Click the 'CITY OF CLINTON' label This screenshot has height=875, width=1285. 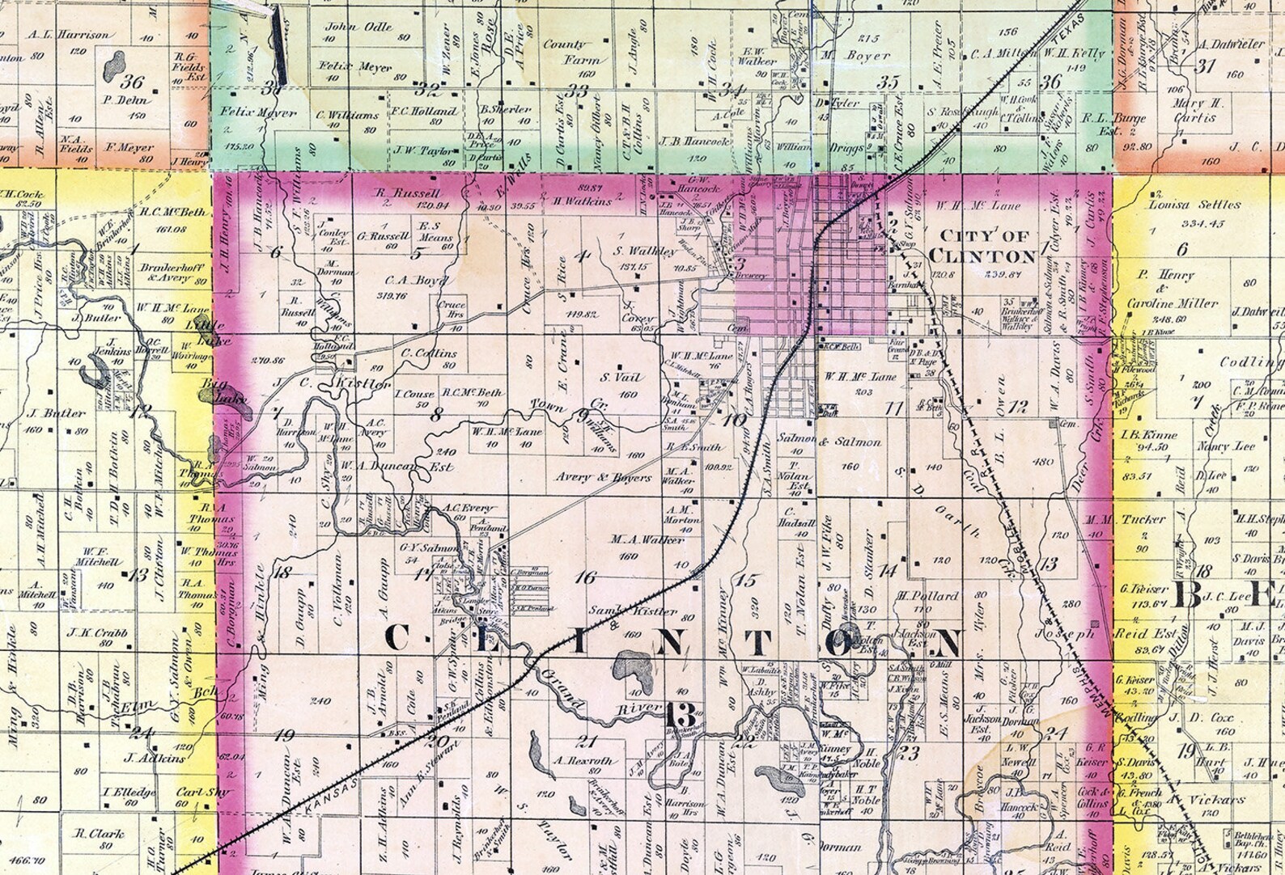[982, 246]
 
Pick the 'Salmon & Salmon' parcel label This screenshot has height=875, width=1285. [829, 442]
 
